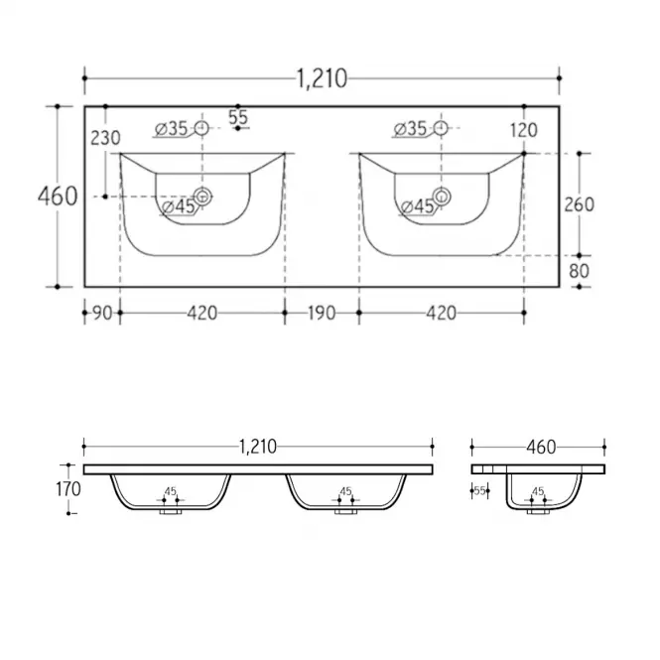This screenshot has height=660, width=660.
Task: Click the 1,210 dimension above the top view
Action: [x=322, y=78]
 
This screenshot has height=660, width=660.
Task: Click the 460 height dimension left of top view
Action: [x=58, y=197]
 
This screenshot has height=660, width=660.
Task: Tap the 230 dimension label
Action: [x=105, y=138]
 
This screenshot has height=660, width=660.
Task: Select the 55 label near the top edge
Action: [x=238, y=117]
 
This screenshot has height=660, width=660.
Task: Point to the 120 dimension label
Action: [x=524, y=130]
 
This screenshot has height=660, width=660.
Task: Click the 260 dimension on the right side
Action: [x=580, y=204]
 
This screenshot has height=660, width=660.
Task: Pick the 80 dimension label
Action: [x=580, y=271]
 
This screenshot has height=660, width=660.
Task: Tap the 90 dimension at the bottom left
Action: [x=102, y=314]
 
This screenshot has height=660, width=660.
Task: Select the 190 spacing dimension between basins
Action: [x=322, y=314]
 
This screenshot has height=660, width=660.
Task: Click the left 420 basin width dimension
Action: [x=202, y=314]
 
